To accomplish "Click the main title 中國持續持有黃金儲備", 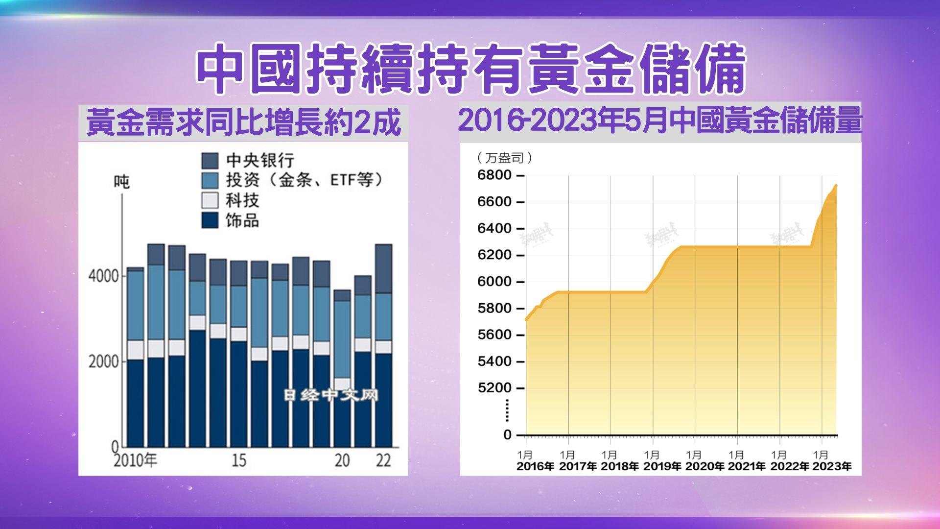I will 470,70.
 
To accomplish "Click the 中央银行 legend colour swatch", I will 210,161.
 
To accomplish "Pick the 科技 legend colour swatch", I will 210,200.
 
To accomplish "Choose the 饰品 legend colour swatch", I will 210,220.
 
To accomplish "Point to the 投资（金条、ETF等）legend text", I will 304,180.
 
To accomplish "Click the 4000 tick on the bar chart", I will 103,276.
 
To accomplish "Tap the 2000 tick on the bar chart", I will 103,361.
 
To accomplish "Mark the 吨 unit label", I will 121,182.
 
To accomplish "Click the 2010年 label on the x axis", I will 135,460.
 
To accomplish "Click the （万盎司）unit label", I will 504,158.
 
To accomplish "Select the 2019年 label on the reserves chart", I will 662,466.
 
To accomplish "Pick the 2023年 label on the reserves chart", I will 831,466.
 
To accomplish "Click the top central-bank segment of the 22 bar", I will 383,268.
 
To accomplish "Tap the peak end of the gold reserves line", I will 836,186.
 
